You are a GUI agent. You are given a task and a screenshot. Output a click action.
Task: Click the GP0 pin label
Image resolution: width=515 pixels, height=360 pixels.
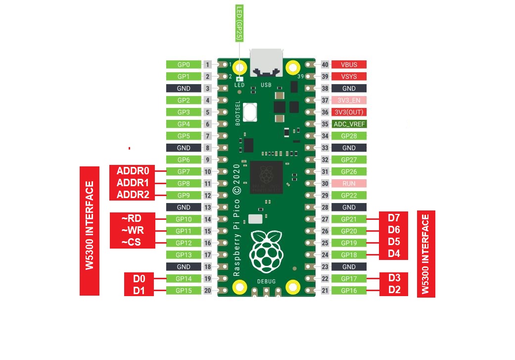click(x=184, y=64)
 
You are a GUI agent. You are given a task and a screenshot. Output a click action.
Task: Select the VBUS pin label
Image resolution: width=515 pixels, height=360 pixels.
click(x=349, y=64)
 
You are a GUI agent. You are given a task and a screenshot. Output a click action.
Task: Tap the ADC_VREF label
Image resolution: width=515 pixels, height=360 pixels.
click(x=349, y=124)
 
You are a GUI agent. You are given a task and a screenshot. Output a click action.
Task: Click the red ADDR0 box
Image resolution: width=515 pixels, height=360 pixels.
click(x=133, y=171)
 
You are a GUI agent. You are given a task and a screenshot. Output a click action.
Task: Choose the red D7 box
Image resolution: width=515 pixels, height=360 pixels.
click(x=394, y=218)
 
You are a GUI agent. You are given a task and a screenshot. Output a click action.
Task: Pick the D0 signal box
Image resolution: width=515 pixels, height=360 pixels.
click(x=140, y=278)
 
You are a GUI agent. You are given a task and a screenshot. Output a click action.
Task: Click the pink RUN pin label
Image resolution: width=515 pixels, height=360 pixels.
click(x=349, y=183)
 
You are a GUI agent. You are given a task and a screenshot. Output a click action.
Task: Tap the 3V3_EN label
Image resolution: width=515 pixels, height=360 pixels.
click(x=349, y=100)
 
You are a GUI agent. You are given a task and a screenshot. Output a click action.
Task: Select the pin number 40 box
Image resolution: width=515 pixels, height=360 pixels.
click(x=325, y=64)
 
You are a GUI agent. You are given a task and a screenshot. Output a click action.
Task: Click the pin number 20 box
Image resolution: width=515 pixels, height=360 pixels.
click(x=208, y=291)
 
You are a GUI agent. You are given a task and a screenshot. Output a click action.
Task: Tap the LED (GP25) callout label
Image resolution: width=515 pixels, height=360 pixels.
click(x=240, y=23)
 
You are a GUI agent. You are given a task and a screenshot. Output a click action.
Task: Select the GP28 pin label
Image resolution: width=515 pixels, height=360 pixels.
click(x=349, y=136)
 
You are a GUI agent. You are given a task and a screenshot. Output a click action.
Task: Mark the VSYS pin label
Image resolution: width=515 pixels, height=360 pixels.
click(x=349, y=76)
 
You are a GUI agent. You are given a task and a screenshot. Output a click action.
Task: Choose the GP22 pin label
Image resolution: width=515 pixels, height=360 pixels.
click(x=349, y=195)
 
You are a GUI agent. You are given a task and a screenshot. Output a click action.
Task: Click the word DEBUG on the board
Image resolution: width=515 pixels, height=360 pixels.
click(x=266, y=281)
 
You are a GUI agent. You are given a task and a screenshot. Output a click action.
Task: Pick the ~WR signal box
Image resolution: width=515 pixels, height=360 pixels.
click(x=133, y=230)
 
